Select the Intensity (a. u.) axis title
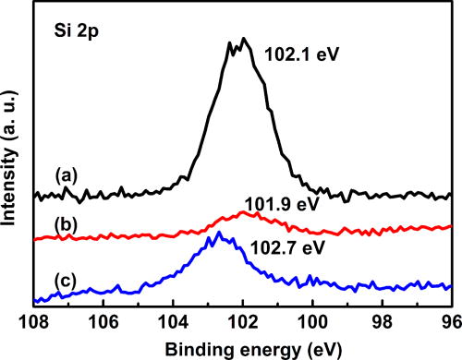pos(13,157)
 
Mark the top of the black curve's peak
pos(243,39)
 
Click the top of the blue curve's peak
pos(216,234)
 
